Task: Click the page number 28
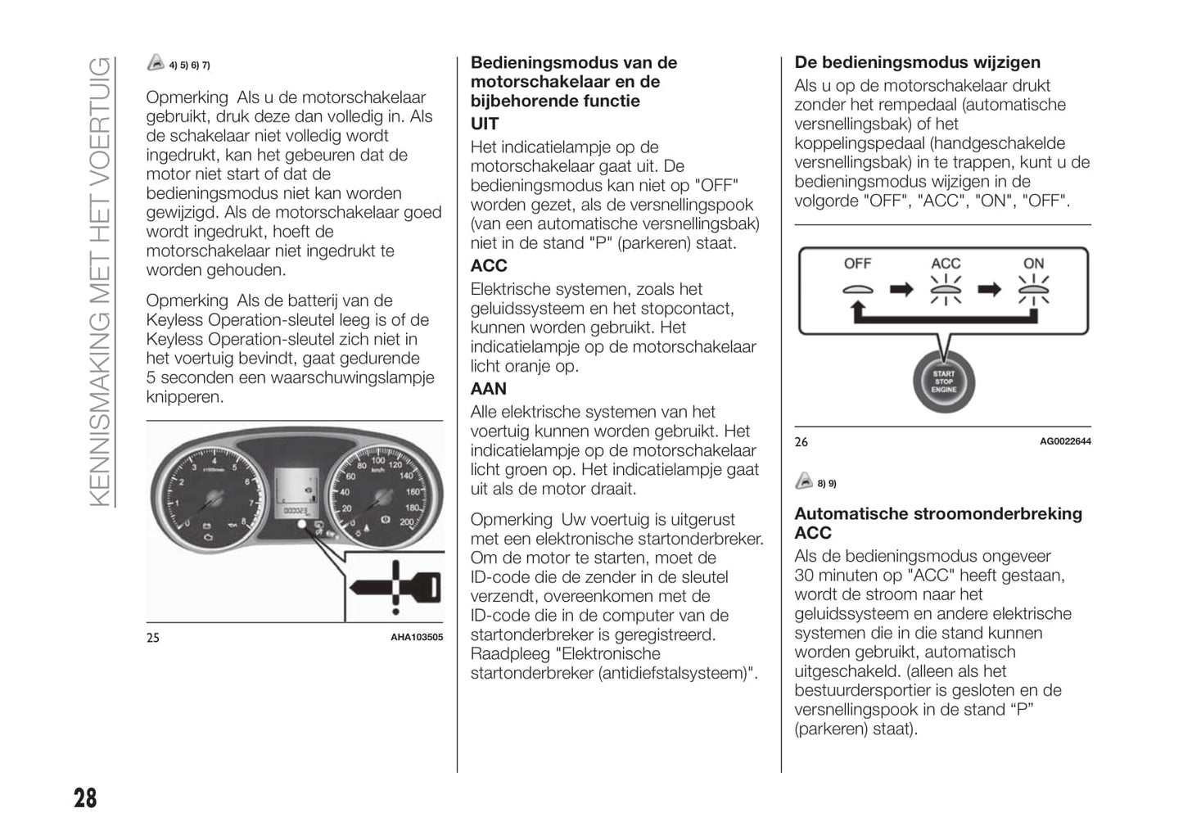pos(85,797)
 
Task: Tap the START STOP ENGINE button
pos(943,381)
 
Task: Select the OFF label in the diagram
pos(857,264)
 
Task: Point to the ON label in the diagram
pos(1033,264)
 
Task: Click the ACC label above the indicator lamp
pos(946,264)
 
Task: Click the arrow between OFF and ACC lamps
pos(901,289)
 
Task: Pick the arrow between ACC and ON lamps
pos(990,289)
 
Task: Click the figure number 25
pos(153,638)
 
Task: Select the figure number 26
pos(801,442)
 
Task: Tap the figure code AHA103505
pos(416,637)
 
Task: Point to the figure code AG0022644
pos(1065,441)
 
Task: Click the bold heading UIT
pos(485,124)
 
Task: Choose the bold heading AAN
pos(489,389)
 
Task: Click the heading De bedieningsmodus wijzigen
pos(917,63)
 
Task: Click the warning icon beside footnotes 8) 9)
pos(804,481)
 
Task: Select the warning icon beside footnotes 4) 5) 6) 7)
pos(156,63)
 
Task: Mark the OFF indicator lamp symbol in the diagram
pos(857,289)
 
